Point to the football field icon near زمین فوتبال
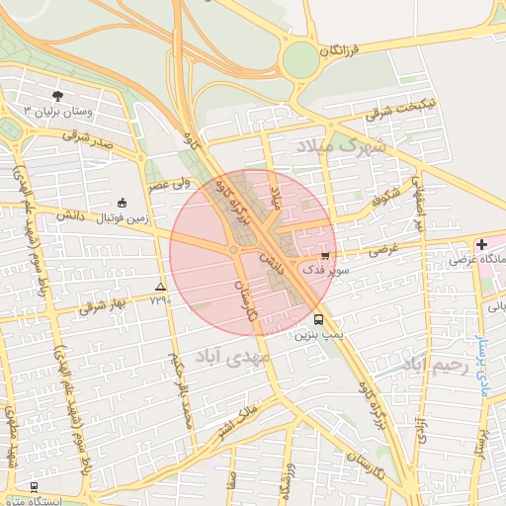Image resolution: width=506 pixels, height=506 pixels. coord(122,202)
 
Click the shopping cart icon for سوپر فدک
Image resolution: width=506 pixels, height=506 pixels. coord(325,256)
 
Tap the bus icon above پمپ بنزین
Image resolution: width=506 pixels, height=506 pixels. coord(318,320)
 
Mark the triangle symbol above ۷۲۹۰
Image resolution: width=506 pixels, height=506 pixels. coord(161,286)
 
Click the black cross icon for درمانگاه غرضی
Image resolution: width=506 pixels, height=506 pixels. coord(480,244)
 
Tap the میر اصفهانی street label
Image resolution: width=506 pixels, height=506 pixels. coord(420,203)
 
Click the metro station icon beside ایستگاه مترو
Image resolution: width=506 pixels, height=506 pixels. coord(34,487)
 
